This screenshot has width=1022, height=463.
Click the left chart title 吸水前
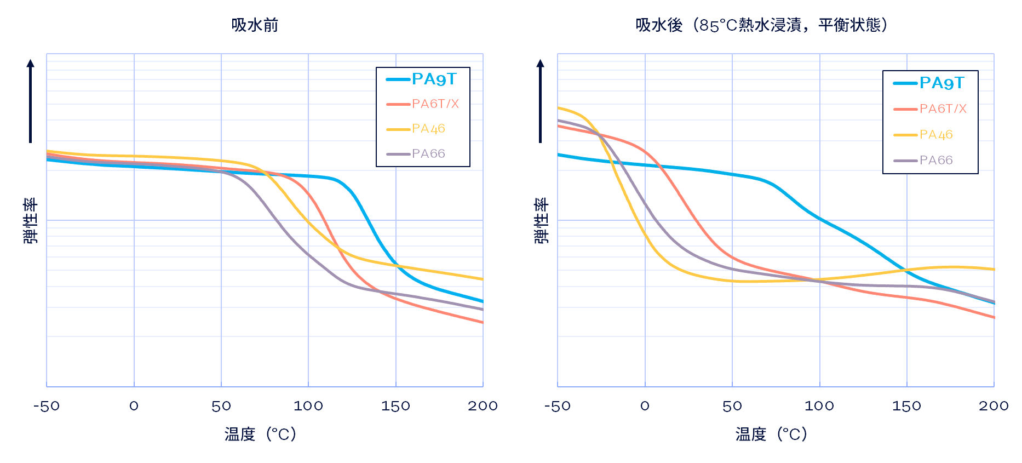click(255, 25)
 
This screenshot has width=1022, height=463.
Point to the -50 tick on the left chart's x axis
click(47, 406)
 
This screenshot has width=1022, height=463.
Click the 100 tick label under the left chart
click(308, 406)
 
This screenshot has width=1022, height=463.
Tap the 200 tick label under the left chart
click(483, 406)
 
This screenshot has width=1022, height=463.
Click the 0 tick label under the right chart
click(645, 406)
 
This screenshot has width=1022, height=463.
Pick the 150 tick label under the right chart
click(906, 406)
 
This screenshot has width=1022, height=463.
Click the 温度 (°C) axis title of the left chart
click(260, 435)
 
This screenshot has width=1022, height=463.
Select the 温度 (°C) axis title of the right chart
click(771, 435)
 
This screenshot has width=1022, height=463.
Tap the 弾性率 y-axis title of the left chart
click(31, 221)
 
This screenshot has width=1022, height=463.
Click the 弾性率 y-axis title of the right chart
click(541, 221)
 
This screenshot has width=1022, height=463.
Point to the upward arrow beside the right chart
click(540, 101)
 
